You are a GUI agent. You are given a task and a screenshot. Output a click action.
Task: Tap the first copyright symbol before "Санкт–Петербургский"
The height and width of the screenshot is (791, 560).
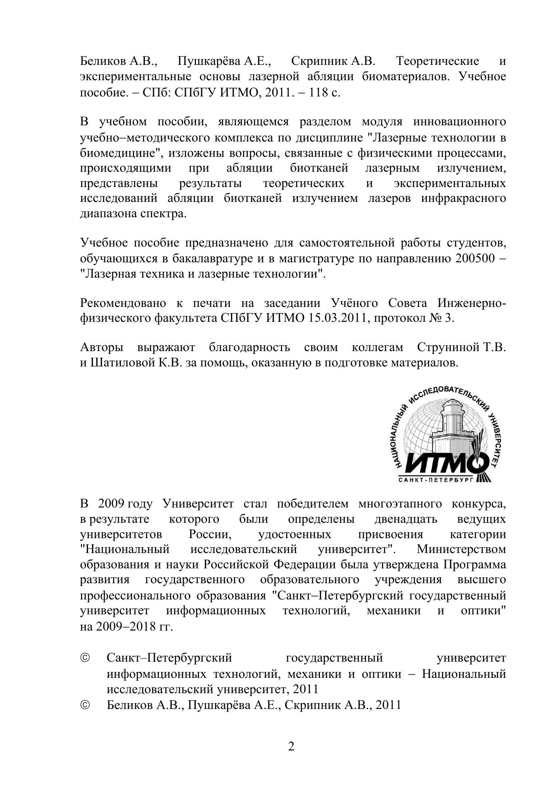coord(85,658)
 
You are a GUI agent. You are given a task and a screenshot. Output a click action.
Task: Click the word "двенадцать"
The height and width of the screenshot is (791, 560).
coord(406,519)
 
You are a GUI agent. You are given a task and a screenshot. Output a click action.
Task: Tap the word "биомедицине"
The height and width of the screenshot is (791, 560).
coord(121,153)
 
